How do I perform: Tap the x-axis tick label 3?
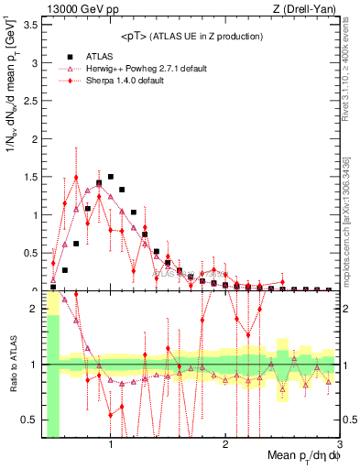(x=340, y=444)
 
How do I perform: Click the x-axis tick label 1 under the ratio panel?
(x=111, y=444)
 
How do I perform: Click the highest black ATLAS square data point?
(x=111, y=177)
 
